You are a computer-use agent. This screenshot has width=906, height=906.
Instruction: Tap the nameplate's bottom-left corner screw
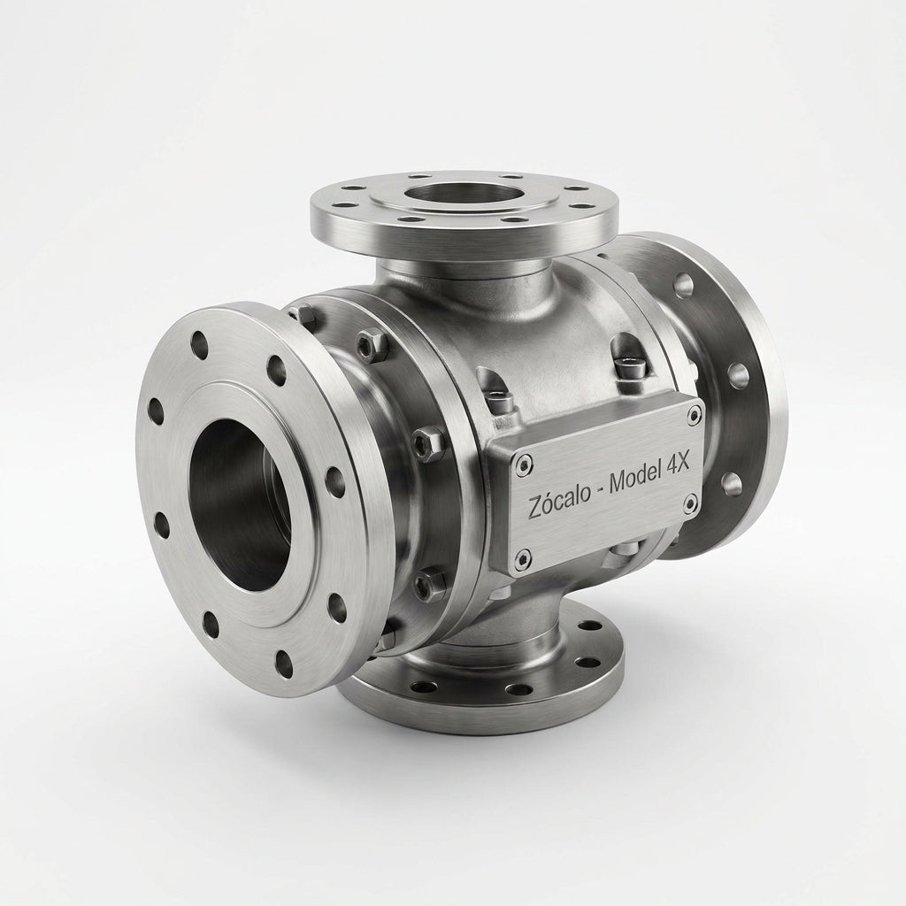tap(524, 557)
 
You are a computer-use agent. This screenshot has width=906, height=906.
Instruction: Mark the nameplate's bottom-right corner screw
tap(689, 504)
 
